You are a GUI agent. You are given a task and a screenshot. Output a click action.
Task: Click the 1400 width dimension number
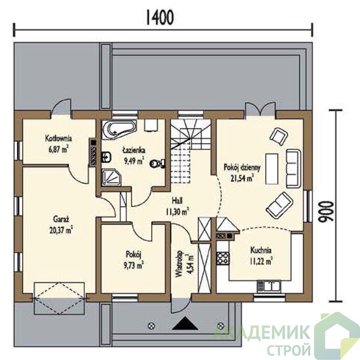[160, 18]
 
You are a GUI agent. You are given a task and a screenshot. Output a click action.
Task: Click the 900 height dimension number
[325, 211]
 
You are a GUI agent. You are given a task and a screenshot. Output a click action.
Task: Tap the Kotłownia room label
[58, 139]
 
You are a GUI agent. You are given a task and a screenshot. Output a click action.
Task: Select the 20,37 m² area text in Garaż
[61, 230]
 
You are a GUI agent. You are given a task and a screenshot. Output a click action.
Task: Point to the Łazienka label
[134, 150]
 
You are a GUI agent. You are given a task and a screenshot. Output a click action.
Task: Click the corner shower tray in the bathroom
[111, 177]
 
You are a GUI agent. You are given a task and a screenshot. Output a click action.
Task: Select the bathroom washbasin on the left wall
[106, 157]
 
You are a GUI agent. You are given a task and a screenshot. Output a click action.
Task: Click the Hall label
[177, 201]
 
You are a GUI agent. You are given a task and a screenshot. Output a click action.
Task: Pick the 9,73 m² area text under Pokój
[134, 265]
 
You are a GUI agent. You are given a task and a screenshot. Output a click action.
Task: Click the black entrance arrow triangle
[185, 324]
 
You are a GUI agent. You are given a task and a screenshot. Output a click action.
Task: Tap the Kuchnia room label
[261, 250]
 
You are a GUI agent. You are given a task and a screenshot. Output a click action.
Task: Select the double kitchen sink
[269, 286]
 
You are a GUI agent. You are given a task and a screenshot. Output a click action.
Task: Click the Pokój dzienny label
[242, 167]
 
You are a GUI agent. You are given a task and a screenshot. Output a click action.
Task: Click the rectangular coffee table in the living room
[272, 169]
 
